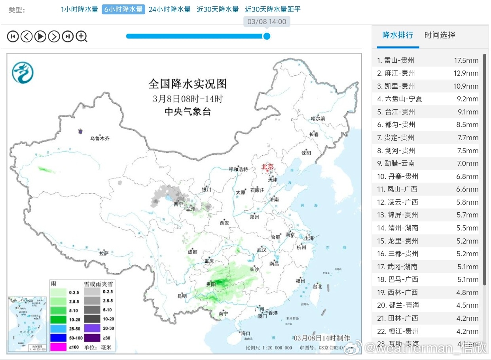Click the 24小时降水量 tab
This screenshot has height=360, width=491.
(169, 10)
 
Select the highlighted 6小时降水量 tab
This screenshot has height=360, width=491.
(123, 10)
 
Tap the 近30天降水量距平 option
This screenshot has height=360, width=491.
(273, 10)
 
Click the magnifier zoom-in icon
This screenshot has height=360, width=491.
(82, 37)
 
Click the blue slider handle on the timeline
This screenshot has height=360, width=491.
(267, 36)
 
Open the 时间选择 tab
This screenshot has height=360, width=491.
(440, 35)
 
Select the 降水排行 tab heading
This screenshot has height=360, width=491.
(398, 35)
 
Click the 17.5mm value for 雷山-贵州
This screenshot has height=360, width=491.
(466, 61)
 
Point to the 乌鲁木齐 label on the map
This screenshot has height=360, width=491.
(99, 139)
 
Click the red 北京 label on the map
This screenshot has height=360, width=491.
(267, 167)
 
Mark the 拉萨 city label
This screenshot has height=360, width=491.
(104, 253)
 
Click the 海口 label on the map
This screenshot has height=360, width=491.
(246, 333)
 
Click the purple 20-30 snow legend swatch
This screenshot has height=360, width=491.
(91, 328)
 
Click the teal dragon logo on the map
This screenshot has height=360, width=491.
(23, 72)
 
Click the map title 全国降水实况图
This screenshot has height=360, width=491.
(188, 84)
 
